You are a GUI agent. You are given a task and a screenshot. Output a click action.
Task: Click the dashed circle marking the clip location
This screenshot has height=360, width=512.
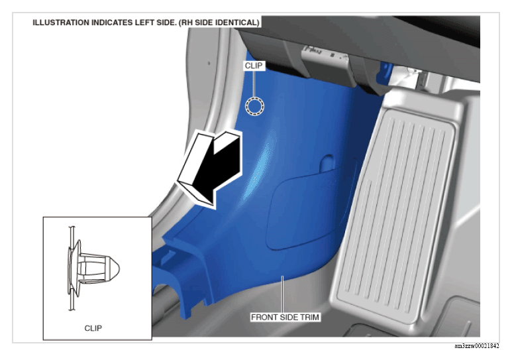coord(254,98)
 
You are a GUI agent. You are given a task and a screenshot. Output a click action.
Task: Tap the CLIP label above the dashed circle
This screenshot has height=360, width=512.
coord(254,66)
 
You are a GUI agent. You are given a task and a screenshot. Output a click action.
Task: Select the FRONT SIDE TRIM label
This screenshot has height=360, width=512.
coord(285,317)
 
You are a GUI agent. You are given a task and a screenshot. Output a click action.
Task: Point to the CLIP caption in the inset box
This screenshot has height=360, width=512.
coord(93,328)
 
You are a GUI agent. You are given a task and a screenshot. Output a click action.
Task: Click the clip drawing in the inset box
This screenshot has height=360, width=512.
coord(93,269)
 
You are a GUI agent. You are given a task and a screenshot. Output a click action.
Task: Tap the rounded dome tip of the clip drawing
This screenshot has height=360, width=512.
coord(116,269)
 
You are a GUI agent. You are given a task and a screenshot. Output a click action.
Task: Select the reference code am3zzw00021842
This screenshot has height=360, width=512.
coord(477,346)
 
